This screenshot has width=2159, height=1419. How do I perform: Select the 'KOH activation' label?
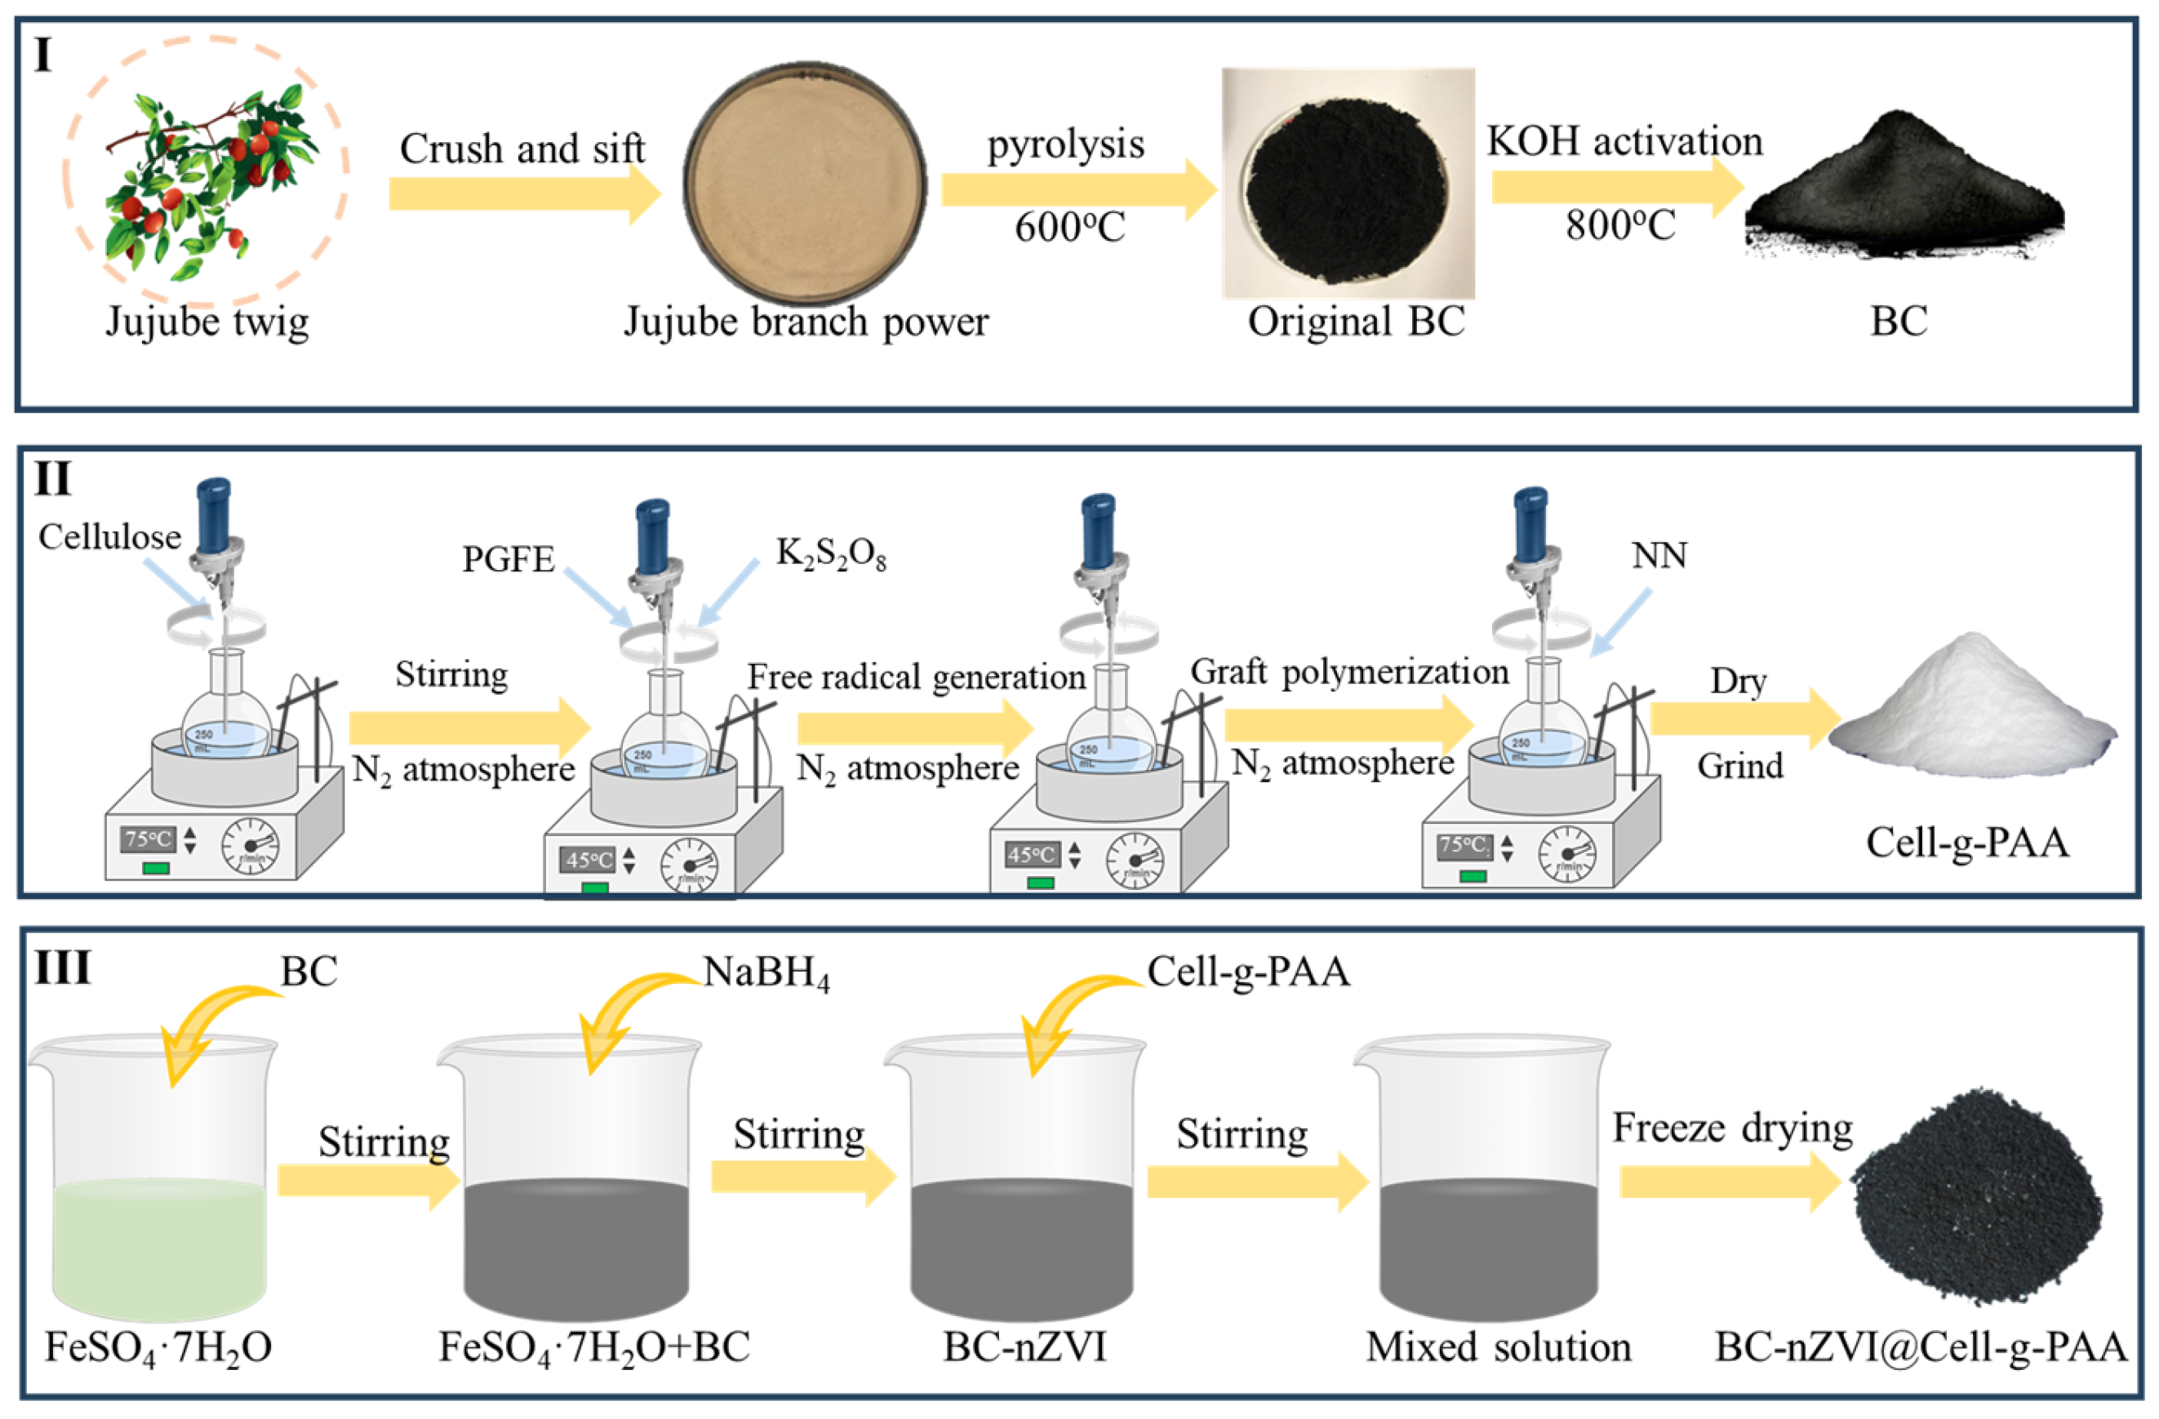click(x=1624, y=141)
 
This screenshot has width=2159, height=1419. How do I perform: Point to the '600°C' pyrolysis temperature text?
click(x=1069, y=227)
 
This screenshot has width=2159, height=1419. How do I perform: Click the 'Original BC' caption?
click(x=1356, y=321)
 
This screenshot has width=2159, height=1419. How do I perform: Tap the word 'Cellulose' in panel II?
click(x=109, y=537)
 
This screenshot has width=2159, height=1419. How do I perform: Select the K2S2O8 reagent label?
click(x=830, y=554)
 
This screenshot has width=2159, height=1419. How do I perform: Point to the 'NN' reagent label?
click(x=1659, y=555)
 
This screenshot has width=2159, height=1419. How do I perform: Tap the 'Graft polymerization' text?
click(x=1349, y=672)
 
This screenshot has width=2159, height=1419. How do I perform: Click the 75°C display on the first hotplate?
click(x=148, y=839)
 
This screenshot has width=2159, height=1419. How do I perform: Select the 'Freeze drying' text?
click(x=1732, y=1128)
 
